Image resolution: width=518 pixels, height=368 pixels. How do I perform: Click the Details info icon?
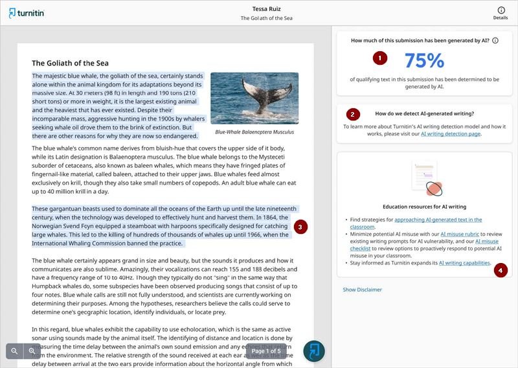(501, 10)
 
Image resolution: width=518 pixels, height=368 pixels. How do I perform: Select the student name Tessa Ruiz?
(266, 8)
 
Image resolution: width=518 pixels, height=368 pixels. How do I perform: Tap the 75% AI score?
(424, 60)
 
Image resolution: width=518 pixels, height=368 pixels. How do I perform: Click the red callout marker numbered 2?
(352, 114)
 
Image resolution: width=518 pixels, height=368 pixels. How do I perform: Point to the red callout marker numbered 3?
(300, 227)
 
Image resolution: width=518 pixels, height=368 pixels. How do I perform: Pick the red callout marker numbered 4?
(501, 270)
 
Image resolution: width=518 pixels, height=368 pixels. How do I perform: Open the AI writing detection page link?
(451, 134)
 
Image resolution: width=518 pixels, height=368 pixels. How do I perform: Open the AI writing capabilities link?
(464, 263)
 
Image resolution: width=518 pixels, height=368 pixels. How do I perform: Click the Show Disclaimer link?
(362, 290)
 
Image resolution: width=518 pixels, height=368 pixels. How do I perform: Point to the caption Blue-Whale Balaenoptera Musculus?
(254, 132)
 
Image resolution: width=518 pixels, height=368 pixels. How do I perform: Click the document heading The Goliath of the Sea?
(70, 63)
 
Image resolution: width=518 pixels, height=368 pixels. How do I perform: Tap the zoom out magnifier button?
(14, 351)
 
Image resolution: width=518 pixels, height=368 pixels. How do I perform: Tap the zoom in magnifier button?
(31, 351)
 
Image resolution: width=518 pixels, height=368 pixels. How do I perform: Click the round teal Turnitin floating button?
(314, 351)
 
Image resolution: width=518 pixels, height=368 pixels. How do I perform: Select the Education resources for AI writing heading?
(424, 207)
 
